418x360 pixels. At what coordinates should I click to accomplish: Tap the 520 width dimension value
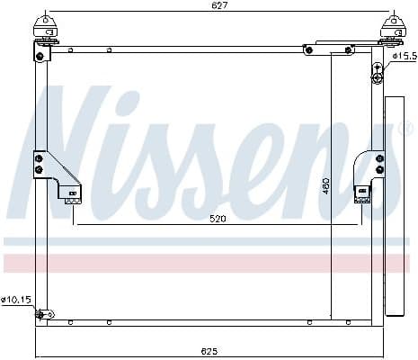[x=216, y=219]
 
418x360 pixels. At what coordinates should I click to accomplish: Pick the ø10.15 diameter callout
[x=14, y=300]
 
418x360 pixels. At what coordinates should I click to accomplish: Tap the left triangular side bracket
[x=54, y=171]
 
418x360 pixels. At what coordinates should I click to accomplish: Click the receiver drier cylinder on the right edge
[x=394, y=207]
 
